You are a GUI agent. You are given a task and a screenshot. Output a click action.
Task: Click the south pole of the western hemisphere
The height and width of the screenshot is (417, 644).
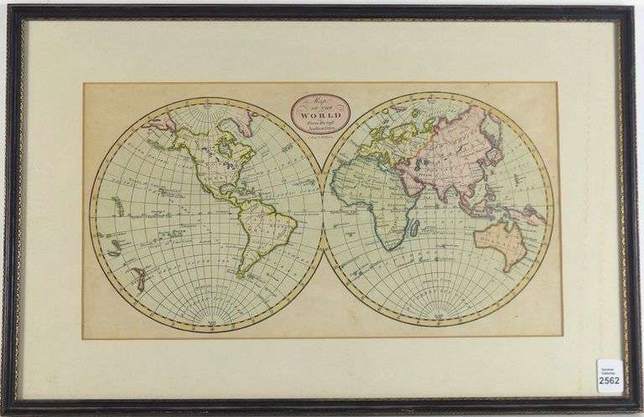coord(206,325)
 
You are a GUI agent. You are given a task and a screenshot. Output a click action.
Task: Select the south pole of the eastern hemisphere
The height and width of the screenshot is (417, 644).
coord(439,325)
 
